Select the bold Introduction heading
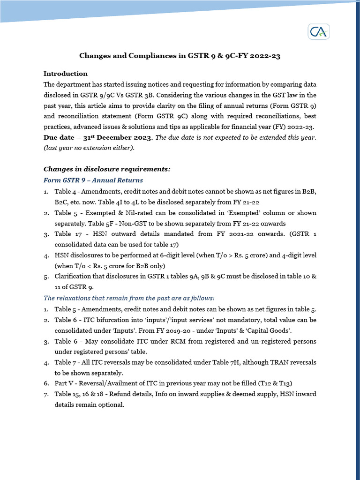point(65,74)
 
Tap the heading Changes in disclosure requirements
point(107,169)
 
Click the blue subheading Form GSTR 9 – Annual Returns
point(93,180)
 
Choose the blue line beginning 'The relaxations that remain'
point(129,298)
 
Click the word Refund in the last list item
point(120,394)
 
